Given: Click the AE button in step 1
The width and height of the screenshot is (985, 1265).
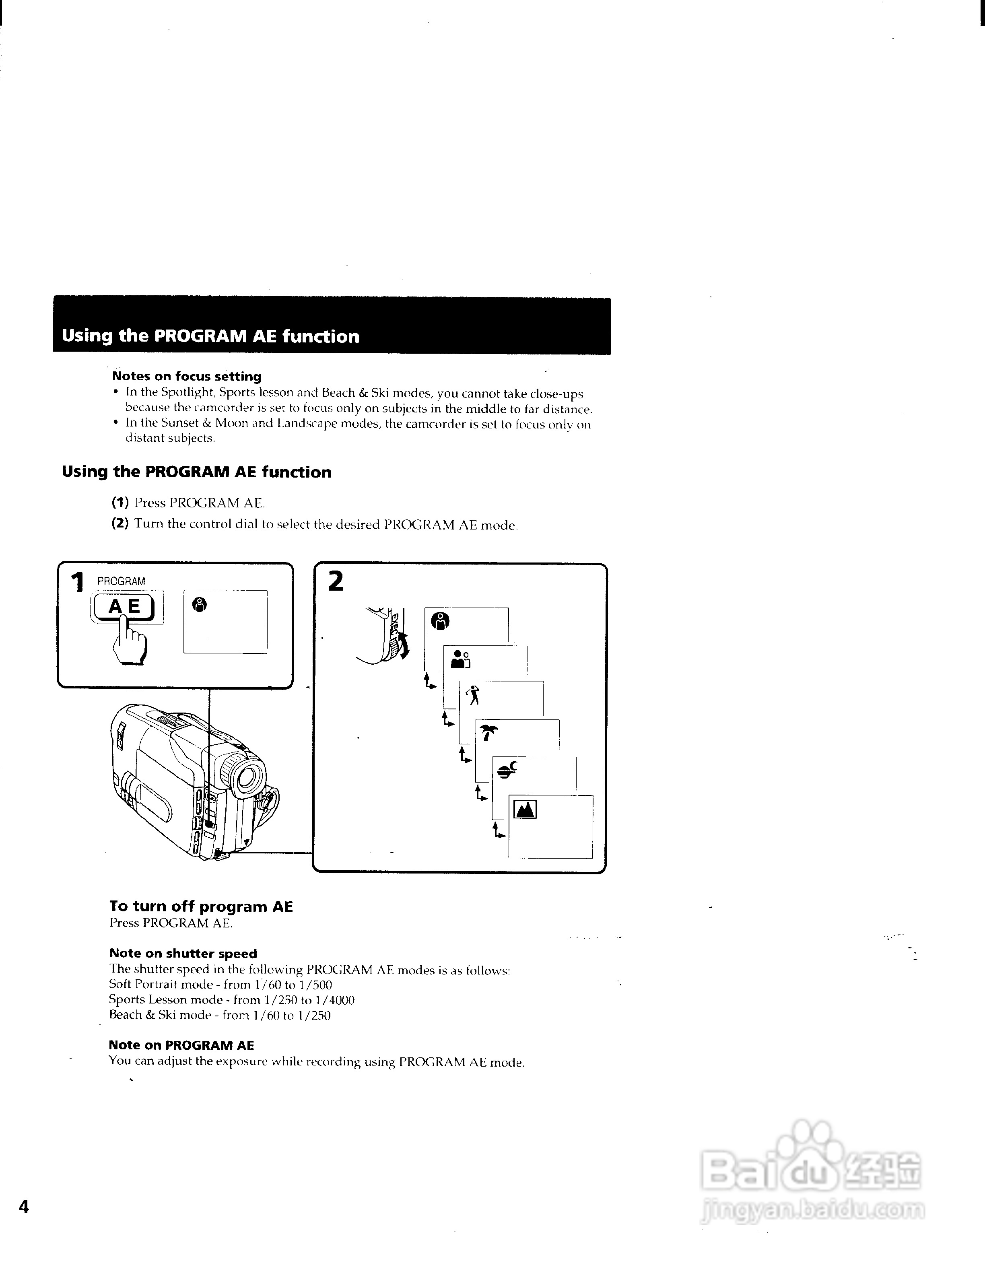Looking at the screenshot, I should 124,606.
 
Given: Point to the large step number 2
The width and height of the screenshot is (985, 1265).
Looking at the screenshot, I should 335,581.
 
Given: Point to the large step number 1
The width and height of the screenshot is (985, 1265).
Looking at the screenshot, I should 76,582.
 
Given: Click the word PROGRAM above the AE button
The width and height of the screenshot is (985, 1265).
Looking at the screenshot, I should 121,581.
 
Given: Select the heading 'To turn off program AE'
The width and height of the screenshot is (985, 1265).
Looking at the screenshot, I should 201,907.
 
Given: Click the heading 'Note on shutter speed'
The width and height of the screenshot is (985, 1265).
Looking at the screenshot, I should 183,954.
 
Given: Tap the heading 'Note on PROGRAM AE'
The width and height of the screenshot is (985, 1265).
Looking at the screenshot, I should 181,1045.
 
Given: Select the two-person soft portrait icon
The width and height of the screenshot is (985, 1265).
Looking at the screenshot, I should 460,659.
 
